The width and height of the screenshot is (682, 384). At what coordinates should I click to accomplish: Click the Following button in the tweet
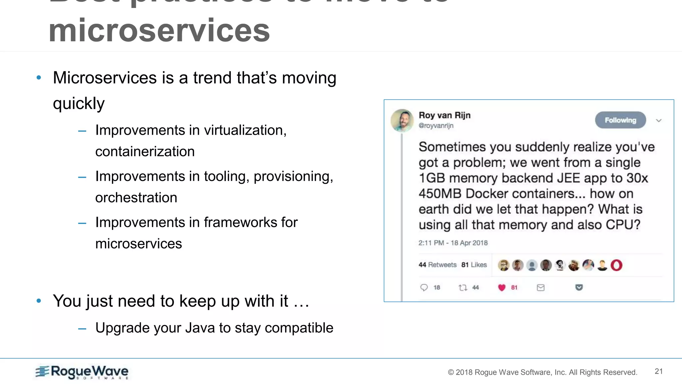click(620, 120)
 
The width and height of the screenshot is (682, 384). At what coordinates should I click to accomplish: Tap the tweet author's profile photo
click(402, 120)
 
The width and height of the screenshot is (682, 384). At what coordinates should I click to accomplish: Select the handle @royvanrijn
click(436, 126)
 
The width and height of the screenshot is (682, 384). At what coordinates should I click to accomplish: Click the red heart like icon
click(502, 287)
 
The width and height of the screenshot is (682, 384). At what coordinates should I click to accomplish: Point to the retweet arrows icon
click(463, 287)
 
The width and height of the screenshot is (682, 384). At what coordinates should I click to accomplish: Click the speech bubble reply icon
click(424, 287)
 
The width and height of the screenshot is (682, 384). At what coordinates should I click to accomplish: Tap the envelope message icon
click(540, 287)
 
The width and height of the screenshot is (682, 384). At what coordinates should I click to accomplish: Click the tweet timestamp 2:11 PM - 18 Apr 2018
click(453, 243)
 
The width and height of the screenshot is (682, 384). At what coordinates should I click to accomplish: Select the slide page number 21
click(658, 371)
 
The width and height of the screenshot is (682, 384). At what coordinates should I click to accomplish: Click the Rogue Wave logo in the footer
click(82, 372)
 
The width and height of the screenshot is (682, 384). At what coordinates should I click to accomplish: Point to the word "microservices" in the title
click(159, 31)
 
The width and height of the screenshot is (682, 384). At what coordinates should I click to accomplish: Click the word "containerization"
click(145, 152)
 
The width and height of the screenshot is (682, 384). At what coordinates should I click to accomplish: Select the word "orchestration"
click(136, 198)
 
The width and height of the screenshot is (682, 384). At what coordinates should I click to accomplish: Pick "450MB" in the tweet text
click(440, 194)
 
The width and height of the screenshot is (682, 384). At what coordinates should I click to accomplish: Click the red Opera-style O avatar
click(616, 265)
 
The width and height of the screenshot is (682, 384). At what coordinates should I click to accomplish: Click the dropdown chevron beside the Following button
click(658, 120)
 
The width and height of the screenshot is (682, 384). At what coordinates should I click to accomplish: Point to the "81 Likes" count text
click(474, 265)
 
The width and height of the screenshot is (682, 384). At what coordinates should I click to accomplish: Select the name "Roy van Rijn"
click(445, 115)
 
